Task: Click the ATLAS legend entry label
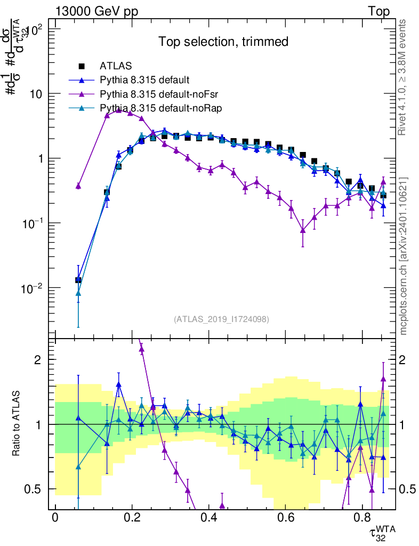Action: click(x=115, y=67)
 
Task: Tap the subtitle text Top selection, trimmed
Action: click(x=223, y=42)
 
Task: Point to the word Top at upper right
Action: click(x=378, y=11)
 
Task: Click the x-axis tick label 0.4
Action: click(x=209, y=517)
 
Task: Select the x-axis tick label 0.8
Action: click(x=362, y=517)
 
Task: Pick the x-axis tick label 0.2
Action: click(x=132, y=517)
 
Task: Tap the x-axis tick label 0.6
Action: click(x=286, y=517)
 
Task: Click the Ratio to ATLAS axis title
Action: click(x=17, y=424)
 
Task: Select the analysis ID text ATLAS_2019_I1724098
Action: click(x=221, y=319)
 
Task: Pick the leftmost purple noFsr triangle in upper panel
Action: click(x=78, y=186)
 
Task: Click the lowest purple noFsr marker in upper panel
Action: click(x=303, y=230)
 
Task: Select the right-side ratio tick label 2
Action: click(x=406, y=360)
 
